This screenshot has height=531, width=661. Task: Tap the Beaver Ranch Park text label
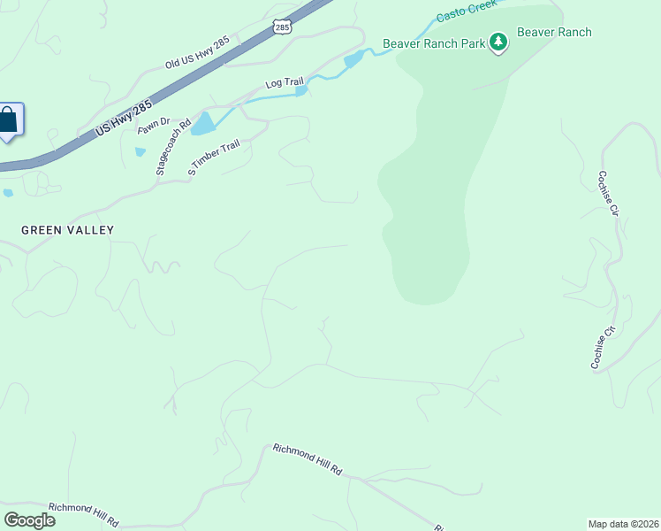pos(433,43)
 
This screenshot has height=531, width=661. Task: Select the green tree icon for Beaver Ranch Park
pos(498,42)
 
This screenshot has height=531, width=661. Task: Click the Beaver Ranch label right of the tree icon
pos(553,33)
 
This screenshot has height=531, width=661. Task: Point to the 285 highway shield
pos(281,28)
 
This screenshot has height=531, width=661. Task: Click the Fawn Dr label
pos(152,127)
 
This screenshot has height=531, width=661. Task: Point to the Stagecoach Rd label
pos(172,147)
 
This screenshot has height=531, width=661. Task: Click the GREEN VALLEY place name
pos(68,230)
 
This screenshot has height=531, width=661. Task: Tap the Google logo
pos(29,520)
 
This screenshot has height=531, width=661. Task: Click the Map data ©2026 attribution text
pos(623,523)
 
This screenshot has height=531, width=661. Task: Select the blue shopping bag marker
pos(9,121)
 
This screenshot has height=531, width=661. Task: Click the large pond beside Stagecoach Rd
pos(202,123)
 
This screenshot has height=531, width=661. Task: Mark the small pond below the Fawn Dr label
pos(140,151)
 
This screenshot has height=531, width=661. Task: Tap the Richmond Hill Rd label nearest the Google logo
pos(83,513)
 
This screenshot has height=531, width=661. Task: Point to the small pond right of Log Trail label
pos(301,90)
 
